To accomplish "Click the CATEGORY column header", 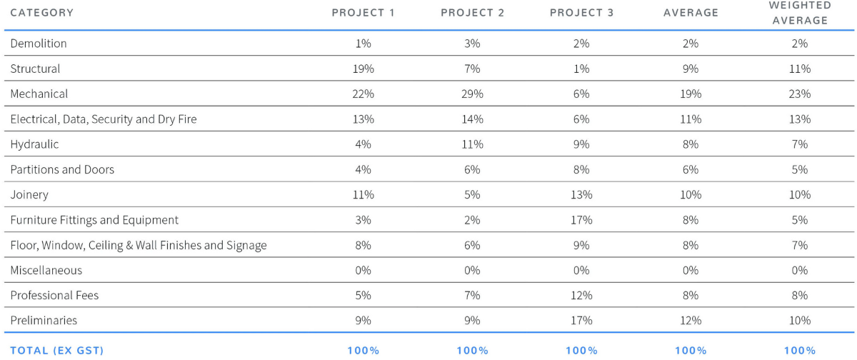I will pyautogui.click(x=41, y=14).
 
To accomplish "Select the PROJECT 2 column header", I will pyautogui.click(x=472, y=14).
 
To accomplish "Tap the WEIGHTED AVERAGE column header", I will pyautogui.click(x=800, y=14).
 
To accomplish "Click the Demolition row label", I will pyautogui.click(x=39, y=44).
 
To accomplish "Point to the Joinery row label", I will pyautogui.click(x=29, y=194).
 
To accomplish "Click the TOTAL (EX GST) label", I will pyautogui.click(x=56, y=350).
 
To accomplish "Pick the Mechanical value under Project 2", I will pyautogui.click(x=472, y=94).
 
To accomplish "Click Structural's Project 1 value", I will pyautogui.click(x=363, y=69).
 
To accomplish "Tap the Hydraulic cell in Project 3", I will pyautogui.click(x=581, y=144).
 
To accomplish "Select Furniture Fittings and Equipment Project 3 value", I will pyautogui.click(x=581, y=220).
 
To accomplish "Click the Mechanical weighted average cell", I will pyautogui.click(x=800, y=94).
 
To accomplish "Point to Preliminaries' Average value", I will pyautogui.click(x=691, y=321).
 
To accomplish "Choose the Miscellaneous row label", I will pyautogui.click(x=46, y=270).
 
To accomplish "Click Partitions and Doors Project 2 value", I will pyautogui.click(x=472, y=169).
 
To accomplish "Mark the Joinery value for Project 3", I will pyautogui.click(x=581, y=194).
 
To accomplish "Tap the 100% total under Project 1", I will pyautogui.click(x=363, y=350).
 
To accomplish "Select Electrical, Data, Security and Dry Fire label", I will pyautogui.click(x=103, y=119).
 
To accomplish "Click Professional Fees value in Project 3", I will pyautogui.click(x=581, y=295).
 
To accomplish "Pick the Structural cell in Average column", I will pyautogui.click(x=691, y=69).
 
